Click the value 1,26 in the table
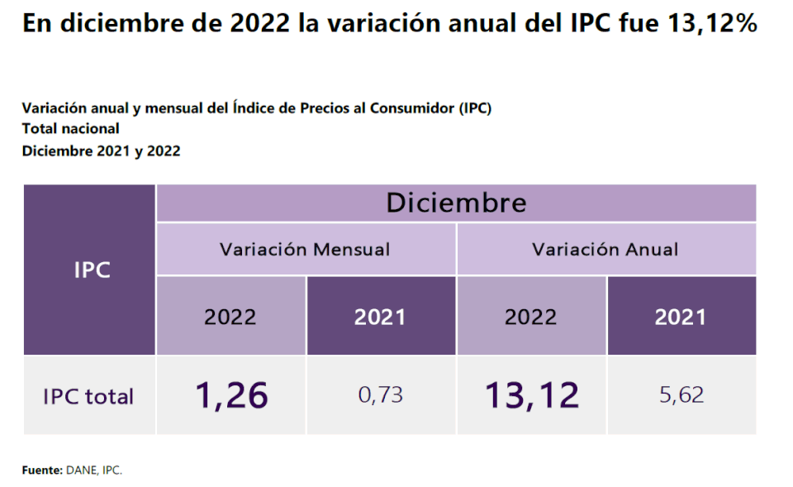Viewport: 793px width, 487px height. (231, 395)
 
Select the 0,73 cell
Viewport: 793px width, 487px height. (381, 395)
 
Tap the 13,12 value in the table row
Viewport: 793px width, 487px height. (531, 395)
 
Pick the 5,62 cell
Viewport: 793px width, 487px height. (681, 395)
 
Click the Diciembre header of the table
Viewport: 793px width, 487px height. (456, 203)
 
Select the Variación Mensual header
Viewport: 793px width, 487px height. (305, 249)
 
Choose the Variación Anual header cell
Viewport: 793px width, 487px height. (605, 249)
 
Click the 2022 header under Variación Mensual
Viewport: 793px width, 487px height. (230, 317)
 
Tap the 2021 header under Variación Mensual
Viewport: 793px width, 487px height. (380, 317)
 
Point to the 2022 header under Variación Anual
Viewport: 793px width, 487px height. (531, 317)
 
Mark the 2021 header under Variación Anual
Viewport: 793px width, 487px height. (681, 317)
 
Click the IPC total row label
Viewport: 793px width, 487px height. (88, 396)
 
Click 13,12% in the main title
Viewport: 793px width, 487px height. (708, 24)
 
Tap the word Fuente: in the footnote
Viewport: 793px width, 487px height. (41, 470)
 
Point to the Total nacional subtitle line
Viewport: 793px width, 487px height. (70, 128)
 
